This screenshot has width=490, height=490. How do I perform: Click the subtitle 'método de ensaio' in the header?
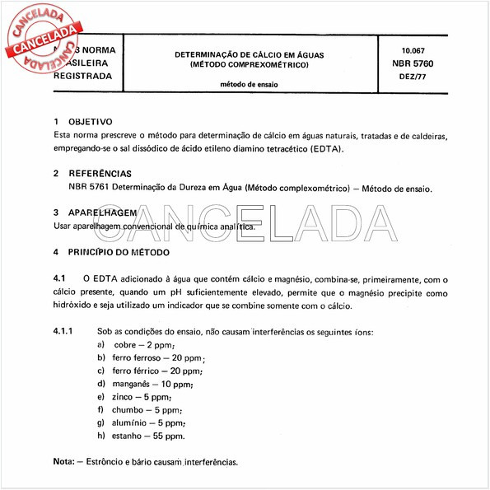pyautogui.click(x=249, y=84)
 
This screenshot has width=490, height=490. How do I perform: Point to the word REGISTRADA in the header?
pyautogui.click(x=82, y=75)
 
